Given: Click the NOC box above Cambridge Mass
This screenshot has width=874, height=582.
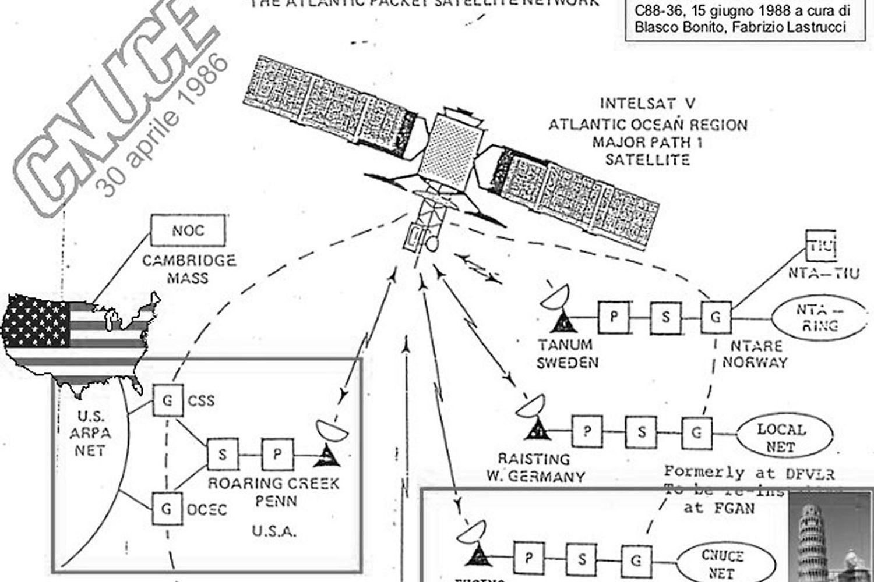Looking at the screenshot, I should (188, 230).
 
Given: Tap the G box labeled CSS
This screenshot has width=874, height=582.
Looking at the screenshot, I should (167, 400).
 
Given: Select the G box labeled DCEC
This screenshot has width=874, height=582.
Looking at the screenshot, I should (167, 509).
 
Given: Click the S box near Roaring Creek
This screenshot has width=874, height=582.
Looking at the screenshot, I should (223, 454).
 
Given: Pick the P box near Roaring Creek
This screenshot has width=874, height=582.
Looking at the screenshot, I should (277, 454).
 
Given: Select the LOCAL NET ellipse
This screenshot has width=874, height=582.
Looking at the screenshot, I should (780, 438).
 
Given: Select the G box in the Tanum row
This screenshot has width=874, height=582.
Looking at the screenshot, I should (716, 317).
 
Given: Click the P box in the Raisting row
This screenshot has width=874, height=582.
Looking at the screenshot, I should (587, 431).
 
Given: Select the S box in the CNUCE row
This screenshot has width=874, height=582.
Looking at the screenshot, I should (582, 559).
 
